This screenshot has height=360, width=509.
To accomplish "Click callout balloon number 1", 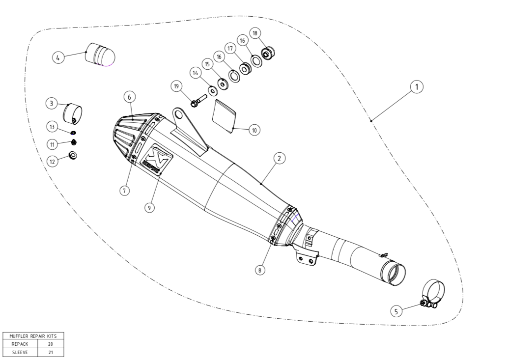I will (417, 87).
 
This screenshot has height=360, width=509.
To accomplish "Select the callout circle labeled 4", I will (58, 57).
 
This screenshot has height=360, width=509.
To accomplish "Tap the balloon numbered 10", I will (254, 130).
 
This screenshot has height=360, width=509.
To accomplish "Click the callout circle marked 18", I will (254, 33).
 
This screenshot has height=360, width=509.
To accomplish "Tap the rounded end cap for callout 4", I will (101, 55).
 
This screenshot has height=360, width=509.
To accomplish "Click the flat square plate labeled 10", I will (224, 116).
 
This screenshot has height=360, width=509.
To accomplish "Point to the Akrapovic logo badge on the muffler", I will (156, 159).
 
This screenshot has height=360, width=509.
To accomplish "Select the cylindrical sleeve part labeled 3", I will (73, 113).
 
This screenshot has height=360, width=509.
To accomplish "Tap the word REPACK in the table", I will (19, 344).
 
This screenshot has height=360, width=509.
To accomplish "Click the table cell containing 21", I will (51, 352).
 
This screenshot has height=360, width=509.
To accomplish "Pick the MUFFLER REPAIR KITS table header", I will (33, 336).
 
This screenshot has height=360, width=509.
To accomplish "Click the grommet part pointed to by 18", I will (268, 52).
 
